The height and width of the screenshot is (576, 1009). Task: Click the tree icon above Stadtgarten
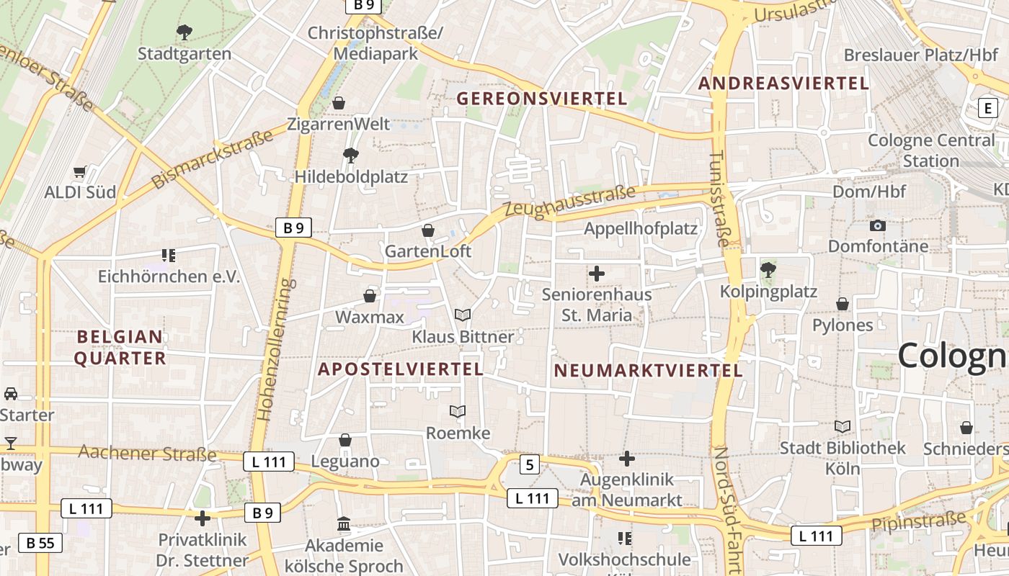pyautogui.click(x=185, y=32)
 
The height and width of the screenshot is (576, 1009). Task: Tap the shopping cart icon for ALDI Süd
pyautogui.click(x=80, y=172)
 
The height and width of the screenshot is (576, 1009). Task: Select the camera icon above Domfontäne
pyautogui.click(x=877, y=225)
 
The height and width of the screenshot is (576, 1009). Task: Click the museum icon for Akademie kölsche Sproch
pyautogui.click(x=344, y=524)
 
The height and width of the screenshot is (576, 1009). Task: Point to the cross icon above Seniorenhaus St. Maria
pyautogui.click(x=597, y=274)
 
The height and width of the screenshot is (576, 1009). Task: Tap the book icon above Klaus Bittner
pyautogui.click(x=463, y=315)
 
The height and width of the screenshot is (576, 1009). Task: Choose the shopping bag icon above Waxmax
pyautogui.click(x=370, y=296)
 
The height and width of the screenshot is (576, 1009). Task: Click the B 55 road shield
pyautogui.click(x=40, y=543)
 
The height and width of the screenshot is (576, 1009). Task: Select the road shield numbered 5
pyautogui.click(x=530, y=464)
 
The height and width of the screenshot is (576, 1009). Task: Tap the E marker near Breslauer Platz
pyautogui.click(x=987, y=109)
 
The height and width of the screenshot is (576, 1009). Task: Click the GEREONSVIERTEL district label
pyautogui.click(x=542, y=99)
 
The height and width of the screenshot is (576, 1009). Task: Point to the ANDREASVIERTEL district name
pyautogui.click(x=783, y=84)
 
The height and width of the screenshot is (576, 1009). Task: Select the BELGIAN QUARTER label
pyautogui.click(x=120, y=347)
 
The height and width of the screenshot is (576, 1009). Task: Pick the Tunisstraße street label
pyautogui.click(x=719, y=199)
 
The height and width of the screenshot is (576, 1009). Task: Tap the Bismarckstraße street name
pyautogui.click(x=213, y=159)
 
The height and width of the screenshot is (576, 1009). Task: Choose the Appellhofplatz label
pyautogui.click(x=641, y=229)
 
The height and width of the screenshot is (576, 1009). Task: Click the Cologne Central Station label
pyautogui.click(x=930, y=150)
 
